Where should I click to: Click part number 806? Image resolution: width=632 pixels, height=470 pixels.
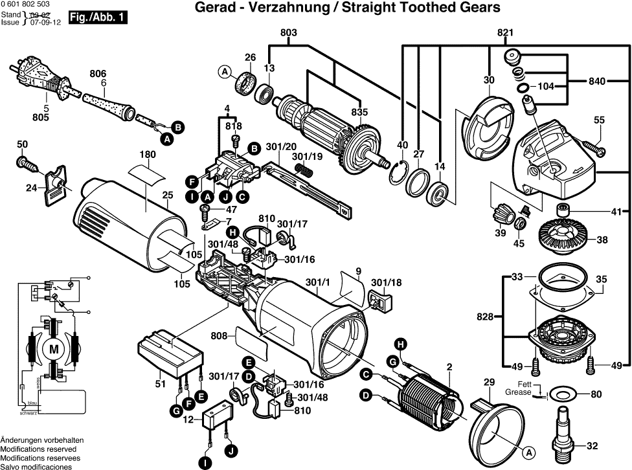[98, 73]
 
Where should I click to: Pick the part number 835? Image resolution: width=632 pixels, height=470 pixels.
[359, 111]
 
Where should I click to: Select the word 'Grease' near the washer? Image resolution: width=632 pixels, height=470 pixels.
[519, 393]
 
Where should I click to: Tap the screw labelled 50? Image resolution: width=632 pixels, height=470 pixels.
[24, 160]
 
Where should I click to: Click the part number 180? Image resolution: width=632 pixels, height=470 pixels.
[148, 155]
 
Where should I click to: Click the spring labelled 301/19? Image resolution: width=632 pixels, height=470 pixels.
[303, 169]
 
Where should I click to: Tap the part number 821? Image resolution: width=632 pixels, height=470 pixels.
[505, 32]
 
